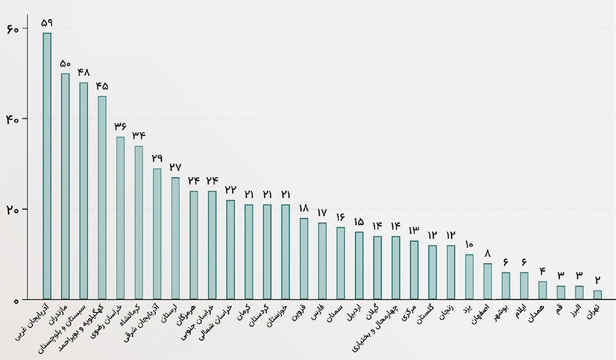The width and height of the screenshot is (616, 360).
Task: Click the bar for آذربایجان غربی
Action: [x=47, y=166]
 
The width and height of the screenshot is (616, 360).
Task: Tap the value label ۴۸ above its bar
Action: [x=84, y=72]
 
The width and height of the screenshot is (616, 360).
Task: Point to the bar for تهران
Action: [x=598, y=295]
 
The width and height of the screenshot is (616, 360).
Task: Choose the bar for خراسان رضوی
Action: [x=120, y=218]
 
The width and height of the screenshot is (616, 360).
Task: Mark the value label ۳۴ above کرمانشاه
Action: [x=139, y=135]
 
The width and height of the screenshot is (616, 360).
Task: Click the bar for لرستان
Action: [x=176, y=239]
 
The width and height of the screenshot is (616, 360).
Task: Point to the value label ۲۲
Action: [x=230, y=189]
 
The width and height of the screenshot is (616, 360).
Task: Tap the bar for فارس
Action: [x=322, y=261]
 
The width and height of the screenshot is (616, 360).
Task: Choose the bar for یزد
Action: [x=469, y=277]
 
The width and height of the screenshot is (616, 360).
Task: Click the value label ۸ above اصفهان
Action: [x=487, y=253]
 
